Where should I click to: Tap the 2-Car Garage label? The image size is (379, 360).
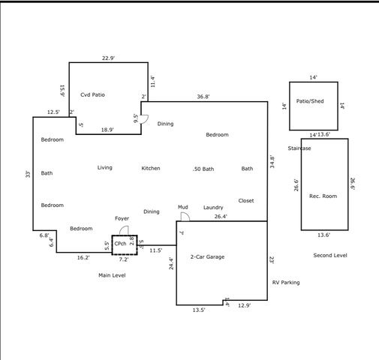(207, 257)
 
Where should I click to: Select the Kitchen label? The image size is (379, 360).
(151, 169)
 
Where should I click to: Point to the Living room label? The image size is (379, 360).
(105, 168)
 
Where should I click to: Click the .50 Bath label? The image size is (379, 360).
(203, 169)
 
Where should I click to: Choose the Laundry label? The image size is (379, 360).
(213, 208)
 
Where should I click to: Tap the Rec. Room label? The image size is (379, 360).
(323, 196)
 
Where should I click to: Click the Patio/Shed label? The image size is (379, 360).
(310, 100)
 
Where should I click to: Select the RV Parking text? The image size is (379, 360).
(286, 283)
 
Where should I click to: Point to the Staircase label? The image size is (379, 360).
(299, 148)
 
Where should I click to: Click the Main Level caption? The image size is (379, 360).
(113, 276)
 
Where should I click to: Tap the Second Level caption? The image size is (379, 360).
(330, 256)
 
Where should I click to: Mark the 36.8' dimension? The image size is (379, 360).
(203, 97)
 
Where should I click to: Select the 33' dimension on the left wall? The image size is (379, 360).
(27, 174)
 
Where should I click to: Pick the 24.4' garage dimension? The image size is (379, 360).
(171, 263)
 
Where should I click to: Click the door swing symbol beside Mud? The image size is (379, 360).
(185, 216)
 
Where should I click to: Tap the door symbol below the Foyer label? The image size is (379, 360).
(125, 229)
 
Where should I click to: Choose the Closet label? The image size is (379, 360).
(246, 201)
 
